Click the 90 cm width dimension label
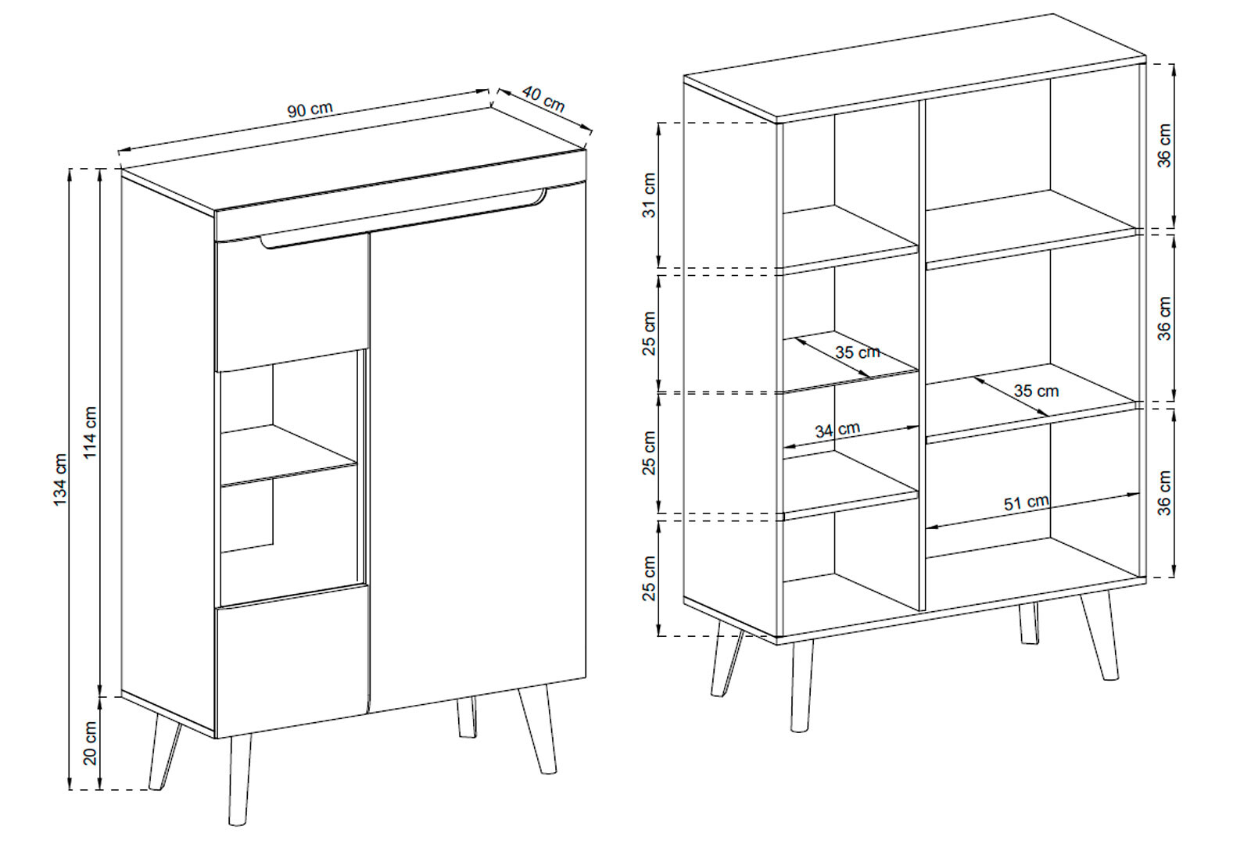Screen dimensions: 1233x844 click(310, 109)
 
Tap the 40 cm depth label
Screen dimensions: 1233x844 click(543, 98)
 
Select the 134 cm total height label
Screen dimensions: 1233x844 click(60, 479)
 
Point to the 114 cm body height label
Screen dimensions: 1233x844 click(90, 432)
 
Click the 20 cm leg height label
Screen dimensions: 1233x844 click(90, 742)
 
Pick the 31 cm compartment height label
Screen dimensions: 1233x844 click(650, 195)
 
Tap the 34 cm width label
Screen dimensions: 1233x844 click(837, 430)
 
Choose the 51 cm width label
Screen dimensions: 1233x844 click(1026, 502)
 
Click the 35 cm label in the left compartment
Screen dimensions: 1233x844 click(858, 352)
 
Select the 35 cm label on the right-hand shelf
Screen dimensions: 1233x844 click(1037, 391)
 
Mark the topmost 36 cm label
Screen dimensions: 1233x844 click(1164, 145)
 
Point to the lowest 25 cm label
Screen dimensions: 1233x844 click(650, 578)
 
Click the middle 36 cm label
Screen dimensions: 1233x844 click(1164, 319)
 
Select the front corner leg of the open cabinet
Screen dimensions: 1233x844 click(801, 685)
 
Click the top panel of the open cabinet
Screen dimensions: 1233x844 click(915, 67)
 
